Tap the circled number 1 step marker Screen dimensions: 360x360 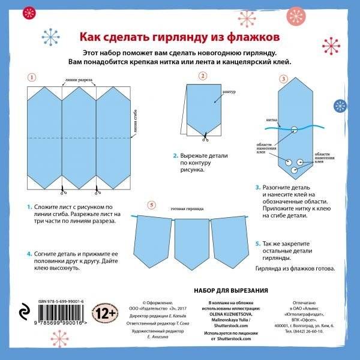click(32, 77)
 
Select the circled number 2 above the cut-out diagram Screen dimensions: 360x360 click(203, 76)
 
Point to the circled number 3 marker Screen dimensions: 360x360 click(283, 79)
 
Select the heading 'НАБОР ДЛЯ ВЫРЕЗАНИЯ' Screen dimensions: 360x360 click(231, 290)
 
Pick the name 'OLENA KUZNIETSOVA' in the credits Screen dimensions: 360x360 click(230, 313)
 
